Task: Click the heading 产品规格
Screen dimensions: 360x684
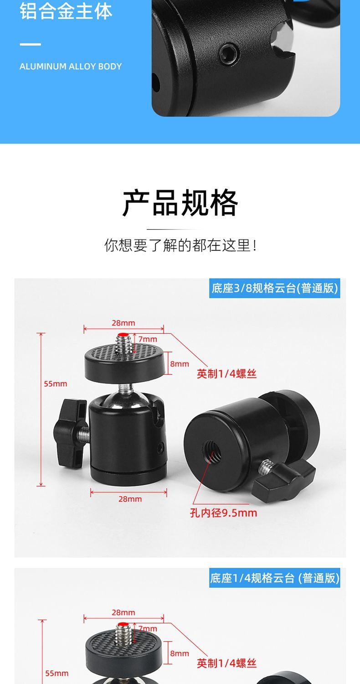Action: click(x=180, y=203)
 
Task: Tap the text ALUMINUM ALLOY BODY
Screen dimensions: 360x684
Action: click(x=71, y=66)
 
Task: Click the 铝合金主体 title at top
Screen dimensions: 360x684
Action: click(x=66, y=11)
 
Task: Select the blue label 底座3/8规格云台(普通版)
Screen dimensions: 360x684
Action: click(x=275, y=288)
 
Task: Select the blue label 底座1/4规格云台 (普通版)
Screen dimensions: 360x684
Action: click(x=275, y=578)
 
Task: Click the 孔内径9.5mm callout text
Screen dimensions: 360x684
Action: click(x=224, y=513)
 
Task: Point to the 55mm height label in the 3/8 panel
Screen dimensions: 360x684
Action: click(x=55, y=384)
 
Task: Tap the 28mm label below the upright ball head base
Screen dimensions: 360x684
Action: click(x=130, y=499)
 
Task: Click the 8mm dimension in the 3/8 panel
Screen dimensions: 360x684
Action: click(x=180, y=364)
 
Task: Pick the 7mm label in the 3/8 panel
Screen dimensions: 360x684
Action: click(x=148, y=339)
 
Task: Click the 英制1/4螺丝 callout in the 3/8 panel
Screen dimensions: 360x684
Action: click(x=226, y=374)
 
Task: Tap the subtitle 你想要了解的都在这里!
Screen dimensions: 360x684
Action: click(x=180, y=245)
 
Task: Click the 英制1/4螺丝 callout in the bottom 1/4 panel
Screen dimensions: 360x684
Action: click(x=226, y=663)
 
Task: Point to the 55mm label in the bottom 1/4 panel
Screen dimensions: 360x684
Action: click(x=57, y=674)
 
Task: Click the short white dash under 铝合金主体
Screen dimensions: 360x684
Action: click(x=31, y=44)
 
